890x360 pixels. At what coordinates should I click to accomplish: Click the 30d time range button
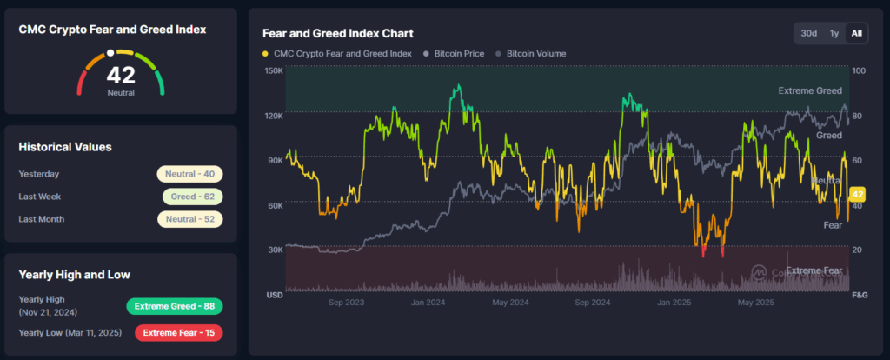809,33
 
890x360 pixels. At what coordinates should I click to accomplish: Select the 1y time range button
834,33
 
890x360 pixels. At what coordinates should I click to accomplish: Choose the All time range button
857,33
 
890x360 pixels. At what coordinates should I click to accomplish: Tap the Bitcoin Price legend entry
455,54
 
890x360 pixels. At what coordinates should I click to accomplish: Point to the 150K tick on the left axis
274,70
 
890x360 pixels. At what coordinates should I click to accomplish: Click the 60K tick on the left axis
274,205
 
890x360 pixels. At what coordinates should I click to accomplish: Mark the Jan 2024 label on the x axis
428,303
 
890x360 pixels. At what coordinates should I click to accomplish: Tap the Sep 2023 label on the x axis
347,303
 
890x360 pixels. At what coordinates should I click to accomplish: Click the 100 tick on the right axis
859,70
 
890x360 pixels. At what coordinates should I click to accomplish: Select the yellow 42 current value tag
858,194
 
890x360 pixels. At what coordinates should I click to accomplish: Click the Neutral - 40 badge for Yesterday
189,174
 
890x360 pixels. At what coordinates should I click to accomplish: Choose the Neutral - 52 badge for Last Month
189,219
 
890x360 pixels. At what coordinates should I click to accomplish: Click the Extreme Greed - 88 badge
175,306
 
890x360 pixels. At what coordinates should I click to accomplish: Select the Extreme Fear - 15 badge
178,332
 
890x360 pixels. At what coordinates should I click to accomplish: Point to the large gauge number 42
121,76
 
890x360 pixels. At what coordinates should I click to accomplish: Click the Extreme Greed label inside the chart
811,90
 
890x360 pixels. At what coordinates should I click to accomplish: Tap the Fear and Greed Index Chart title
337,34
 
